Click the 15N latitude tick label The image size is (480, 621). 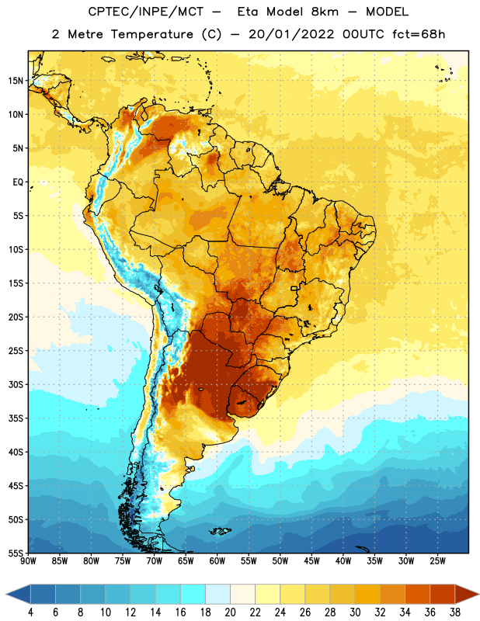pyautogui.click(x=16, y=81)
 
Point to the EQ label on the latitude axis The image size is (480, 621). pyautogui.click(x=18, y=182)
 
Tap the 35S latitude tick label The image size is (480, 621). pyautogui.click(x=16, y=418)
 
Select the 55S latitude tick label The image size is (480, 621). pyautogui.click(x=16, y=553)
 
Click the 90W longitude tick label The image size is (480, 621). pyautogui.click(x=28, y=561)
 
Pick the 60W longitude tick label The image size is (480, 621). pyautogui.click(x=217, y=561)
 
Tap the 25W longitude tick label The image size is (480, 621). pyautogui.click(x=437, y=561)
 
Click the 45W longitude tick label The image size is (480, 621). pyautogui.click(x=311, y=561)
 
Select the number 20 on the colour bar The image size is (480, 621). pyautogui.click(x=230, y=612)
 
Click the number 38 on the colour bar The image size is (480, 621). pyautogui.click(x=454, y=612)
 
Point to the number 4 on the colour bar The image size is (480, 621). pyautogui.click(x=30, y=612)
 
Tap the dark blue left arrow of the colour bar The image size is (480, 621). pyautogui.click(x=18, y=594)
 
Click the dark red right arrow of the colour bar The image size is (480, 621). pyautogui.click(x=468, y=594)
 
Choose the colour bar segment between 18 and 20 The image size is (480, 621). pyautogui.click(x=217, y=594)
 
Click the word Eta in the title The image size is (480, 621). pyautogui.click(x=248, y=12)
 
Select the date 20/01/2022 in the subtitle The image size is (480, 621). pyautogui.click(x=291, y=34)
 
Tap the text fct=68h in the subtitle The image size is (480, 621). pyautogui.click(x=419, y=34)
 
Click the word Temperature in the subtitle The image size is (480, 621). pyautogui.click(x=151, y=34)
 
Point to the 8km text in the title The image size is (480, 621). pyautogui.click(x=325, y=12)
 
